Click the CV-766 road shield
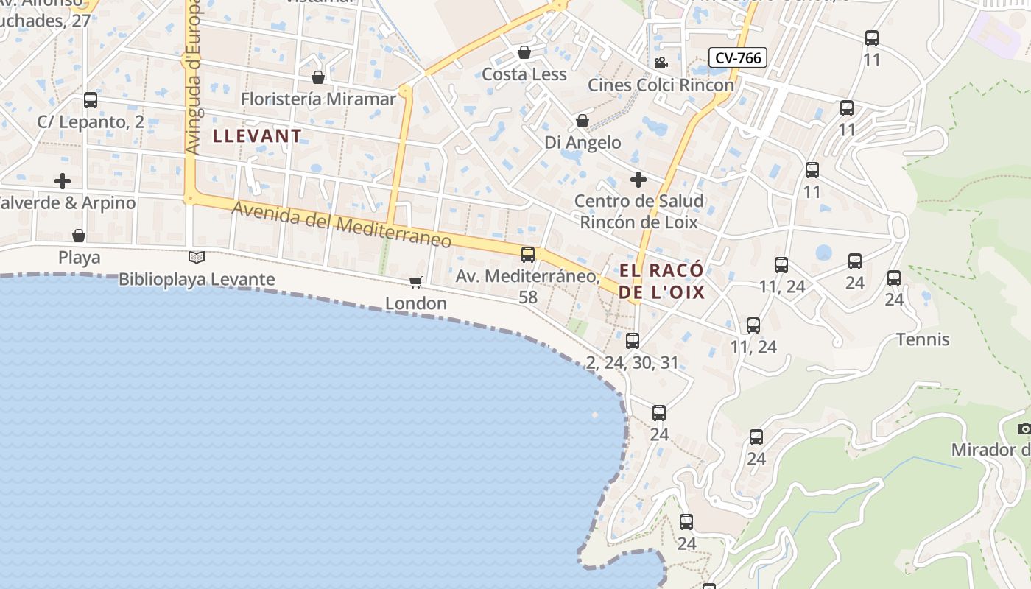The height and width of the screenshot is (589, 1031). (738, 57)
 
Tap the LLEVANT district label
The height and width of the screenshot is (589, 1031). (257, 135)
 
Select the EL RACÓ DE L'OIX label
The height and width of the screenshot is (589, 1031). (661, 281)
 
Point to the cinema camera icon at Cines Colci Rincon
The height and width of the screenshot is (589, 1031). (661, 63)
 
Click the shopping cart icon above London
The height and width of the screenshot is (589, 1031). (416, 282)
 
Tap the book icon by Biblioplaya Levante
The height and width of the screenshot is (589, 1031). (196, 257)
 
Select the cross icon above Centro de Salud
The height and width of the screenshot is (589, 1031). (638, 179)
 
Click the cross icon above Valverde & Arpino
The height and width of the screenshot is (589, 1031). (63, 180)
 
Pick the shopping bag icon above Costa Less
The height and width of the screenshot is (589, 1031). (524, 52)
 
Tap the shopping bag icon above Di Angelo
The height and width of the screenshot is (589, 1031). (583, 120)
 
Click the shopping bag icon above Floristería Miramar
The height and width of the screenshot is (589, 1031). (318, 77)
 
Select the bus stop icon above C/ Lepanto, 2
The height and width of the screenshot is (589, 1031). (91, 100)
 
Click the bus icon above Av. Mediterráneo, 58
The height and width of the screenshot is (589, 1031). (528, 255)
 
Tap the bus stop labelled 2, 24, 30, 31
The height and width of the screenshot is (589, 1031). (633, 341)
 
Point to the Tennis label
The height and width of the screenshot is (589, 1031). (923, 339)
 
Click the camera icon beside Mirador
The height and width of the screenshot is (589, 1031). (1024, 428)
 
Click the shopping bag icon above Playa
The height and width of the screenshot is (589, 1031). (79, 236)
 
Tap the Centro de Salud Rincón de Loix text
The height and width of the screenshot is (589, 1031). (638, 211)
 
